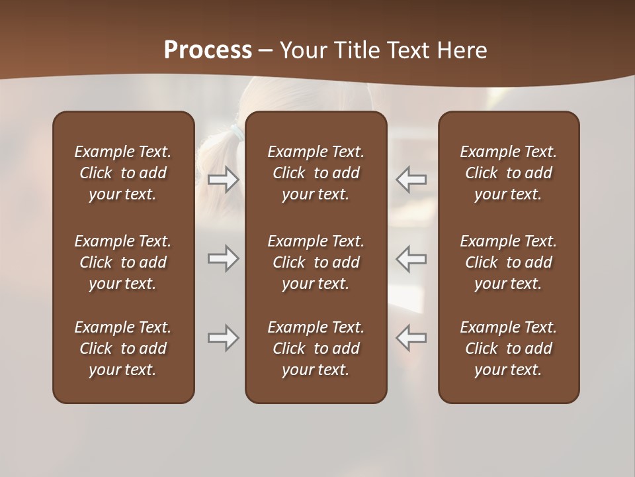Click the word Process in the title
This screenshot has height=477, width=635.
(208, 50)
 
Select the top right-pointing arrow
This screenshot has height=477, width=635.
(224, 180)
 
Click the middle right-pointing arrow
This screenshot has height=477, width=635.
(224, 258)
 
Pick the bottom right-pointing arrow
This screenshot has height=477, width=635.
(224, 338)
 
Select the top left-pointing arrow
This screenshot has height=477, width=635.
(411, 180)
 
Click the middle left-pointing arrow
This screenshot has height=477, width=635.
(411, 258)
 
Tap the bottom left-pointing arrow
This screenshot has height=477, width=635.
(411, 338)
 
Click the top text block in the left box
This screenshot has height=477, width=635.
(123, 173)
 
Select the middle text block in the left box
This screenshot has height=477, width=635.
(123, 262)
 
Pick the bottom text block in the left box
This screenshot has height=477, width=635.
(123, 348)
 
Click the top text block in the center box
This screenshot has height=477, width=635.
(316, 173)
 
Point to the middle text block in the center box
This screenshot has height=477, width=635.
(316, 262)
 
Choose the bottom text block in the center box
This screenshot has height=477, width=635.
(316, 348)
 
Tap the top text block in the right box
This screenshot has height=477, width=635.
(508, 173)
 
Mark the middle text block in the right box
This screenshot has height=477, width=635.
(508, 262)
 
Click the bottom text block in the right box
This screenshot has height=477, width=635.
(508, 348)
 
